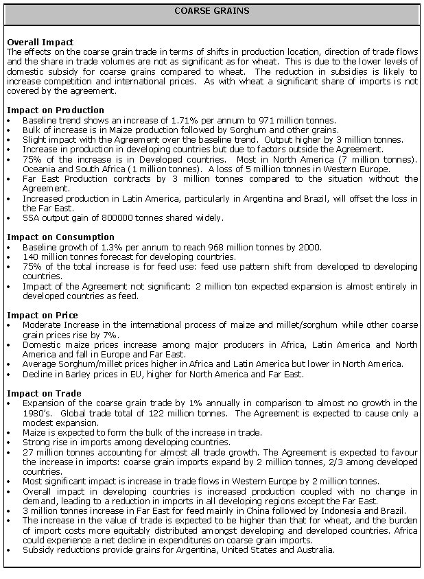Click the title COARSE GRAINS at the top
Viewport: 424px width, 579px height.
(x=211, y=11)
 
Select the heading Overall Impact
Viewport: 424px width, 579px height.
(x=40, y=43)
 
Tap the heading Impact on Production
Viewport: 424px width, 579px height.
(x=55, y=110)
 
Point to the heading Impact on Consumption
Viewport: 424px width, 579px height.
(x=59, y=237)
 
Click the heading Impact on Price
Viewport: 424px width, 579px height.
(x=42, y=316)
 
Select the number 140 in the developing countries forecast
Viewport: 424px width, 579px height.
(x=30, y=257)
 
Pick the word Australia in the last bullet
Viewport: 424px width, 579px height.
(x=314, y=550)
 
